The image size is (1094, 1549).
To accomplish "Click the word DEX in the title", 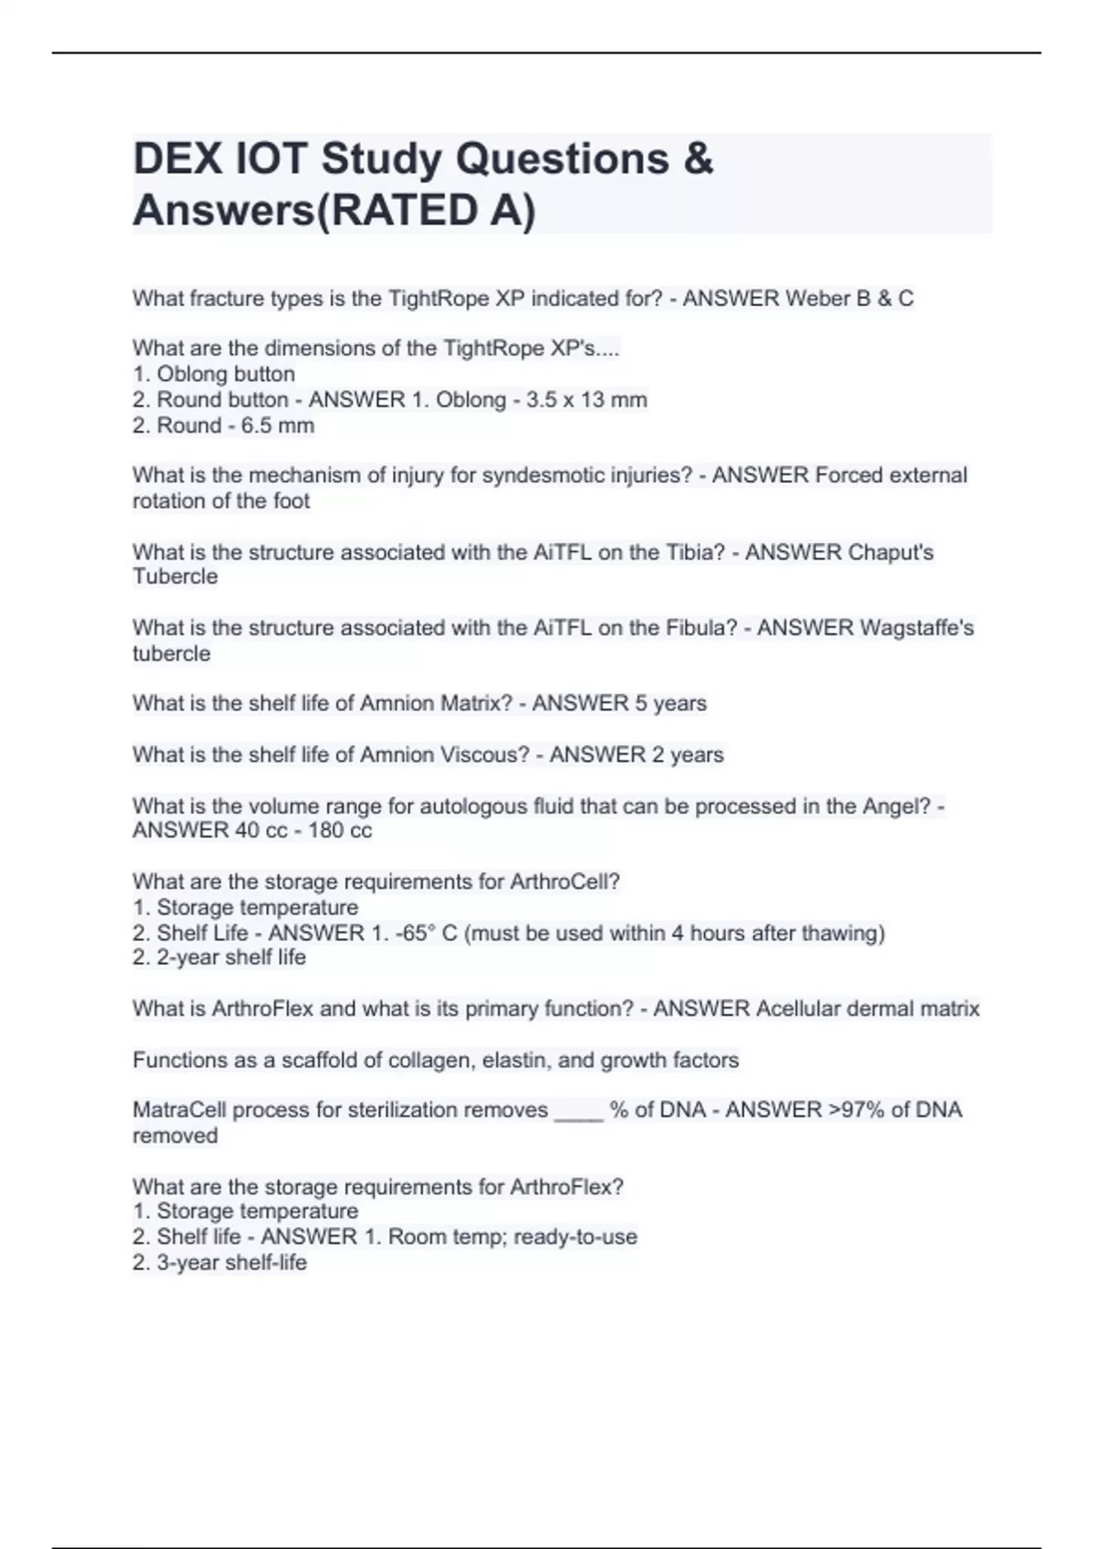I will (178, 159).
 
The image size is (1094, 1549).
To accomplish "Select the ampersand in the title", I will (697, 159).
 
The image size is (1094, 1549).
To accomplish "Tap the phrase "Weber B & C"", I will (850, 299).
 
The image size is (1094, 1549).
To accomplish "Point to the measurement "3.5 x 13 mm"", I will (586, 400).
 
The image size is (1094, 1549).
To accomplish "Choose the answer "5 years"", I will (671, 703).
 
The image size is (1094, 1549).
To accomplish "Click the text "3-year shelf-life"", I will (232, 1263).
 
